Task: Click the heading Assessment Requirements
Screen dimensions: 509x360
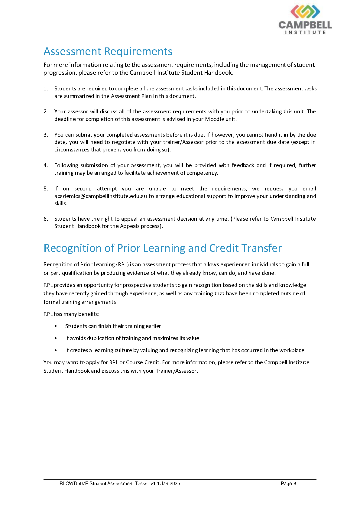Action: point(108,51)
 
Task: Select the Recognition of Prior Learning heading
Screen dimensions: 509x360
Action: point(163,248)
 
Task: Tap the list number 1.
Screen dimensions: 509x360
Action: point(46,89)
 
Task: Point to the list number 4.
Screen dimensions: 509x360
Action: point(46,165)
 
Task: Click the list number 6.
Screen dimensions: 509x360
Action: point(46,219)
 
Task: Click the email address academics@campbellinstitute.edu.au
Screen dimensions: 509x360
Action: point(101,196)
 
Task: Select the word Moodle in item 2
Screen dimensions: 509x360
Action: point(214,119)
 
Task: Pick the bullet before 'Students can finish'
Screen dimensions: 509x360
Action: point(56,326)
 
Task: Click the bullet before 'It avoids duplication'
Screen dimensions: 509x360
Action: point(56,338)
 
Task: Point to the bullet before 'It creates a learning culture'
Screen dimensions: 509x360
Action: point(56,350)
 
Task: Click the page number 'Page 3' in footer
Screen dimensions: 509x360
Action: point(288,484)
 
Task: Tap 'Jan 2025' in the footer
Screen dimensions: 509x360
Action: point(170,484)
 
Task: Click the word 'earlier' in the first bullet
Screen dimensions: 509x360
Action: point(153,326)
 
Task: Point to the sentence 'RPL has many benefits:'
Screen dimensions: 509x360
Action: point(71,314)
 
